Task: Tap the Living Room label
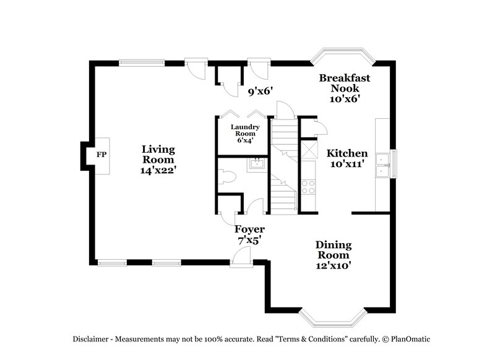pos(158,154)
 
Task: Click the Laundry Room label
pos(241,131)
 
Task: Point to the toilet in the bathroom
pos(229,177)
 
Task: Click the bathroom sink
pos(256,164)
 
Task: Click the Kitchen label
pos(347,153)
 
